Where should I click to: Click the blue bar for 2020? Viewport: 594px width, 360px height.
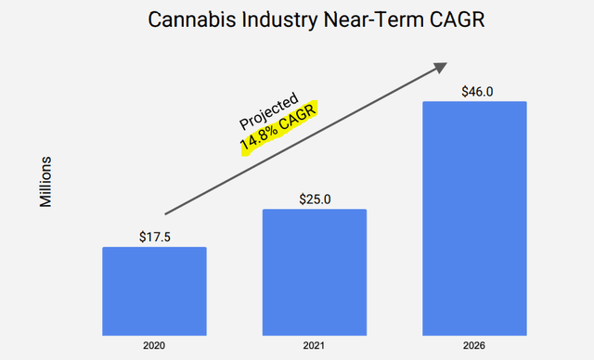point(154,290)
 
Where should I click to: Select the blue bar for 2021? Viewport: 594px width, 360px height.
point(315,272)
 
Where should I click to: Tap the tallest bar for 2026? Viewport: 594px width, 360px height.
point(474,218)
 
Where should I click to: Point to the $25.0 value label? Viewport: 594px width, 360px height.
point(315,198)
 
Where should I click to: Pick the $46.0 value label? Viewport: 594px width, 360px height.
point(474,90)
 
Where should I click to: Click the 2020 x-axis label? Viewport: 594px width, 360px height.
point(154,347)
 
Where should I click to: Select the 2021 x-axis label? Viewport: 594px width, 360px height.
point(315,347)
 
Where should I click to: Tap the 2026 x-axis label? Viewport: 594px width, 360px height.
point(474,347)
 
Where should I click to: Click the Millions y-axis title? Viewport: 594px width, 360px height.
point(45,182)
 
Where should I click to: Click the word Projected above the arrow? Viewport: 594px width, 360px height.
point(268,110)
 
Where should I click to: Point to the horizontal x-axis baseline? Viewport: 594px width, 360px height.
point(315,335)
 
